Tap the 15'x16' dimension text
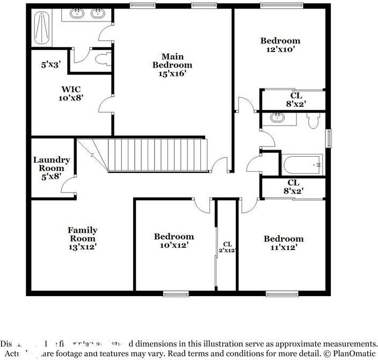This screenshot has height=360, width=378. [172, 74]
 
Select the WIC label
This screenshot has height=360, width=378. [71, 89]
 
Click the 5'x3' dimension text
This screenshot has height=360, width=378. [51, 64]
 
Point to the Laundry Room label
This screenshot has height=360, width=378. [52, 164]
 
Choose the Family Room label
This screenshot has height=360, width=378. [82, 234]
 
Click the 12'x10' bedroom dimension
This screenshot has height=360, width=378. [280, 49]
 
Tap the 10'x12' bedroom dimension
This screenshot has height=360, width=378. [173, 245]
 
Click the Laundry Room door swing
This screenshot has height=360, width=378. [68, 186]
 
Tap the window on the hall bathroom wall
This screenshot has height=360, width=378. [329, 137]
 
